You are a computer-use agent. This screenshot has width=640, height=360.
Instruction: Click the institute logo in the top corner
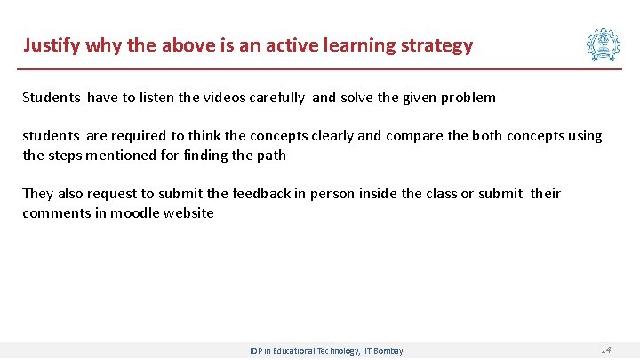click(603, 44)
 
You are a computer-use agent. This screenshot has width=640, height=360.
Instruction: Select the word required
click(137, 136)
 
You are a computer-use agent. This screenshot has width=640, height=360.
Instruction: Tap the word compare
click(413, 136)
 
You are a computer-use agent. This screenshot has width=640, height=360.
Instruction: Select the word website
click(188, 213)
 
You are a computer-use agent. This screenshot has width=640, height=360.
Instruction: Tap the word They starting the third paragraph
click(38, 194)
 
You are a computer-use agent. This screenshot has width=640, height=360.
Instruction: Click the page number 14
click(605, 350)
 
